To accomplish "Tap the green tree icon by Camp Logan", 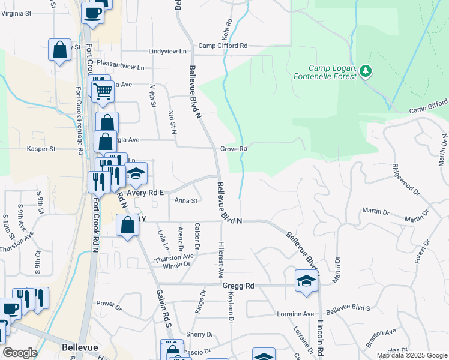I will pos(366,72).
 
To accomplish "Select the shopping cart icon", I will pos(103,91).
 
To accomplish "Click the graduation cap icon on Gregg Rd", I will pos(306,281).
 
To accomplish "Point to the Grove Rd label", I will pos(234,149).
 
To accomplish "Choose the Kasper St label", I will pos(41,149).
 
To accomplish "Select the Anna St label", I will pos(185,201).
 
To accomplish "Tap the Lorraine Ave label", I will pos(295,314).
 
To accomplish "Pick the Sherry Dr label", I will pos(200,335).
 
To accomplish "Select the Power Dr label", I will pos(109,304).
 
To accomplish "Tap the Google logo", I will pos(20,353).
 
